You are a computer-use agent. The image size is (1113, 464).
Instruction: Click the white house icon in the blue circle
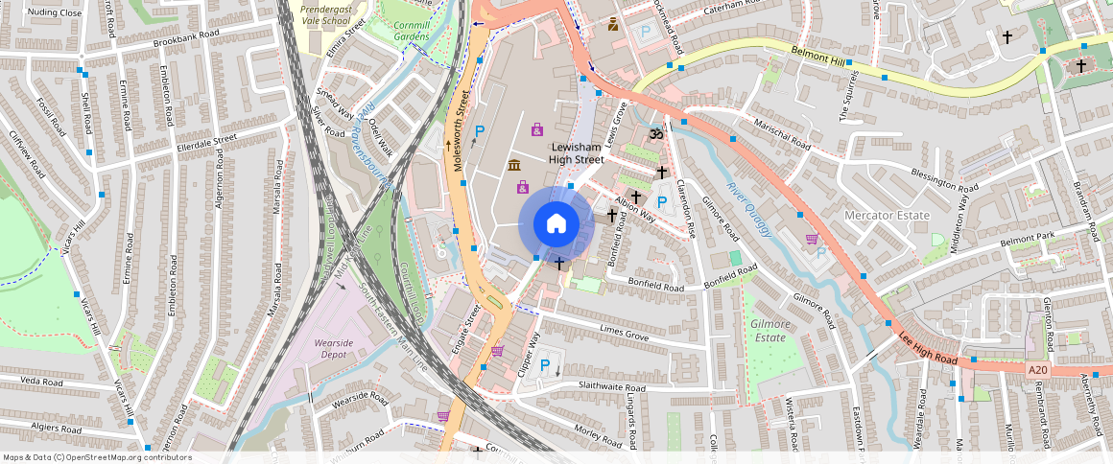(x=556, y=224)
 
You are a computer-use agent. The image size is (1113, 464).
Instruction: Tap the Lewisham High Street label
(x=577, y=152)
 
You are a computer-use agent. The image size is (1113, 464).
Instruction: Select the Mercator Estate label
(x=887, y=216)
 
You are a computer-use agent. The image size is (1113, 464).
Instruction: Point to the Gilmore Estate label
(x=770, y=331)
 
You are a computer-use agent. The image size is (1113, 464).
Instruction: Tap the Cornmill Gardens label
(x=413, y=30)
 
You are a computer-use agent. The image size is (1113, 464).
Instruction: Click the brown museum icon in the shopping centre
(x=515, y=165)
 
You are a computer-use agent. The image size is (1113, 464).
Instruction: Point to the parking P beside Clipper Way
(x=545, y=364)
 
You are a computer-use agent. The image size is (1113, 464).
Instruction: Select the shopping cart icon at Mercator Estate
(x=812, y=239)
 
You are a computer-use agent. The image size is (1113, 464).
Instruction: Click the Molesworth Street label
(x=460, y=131)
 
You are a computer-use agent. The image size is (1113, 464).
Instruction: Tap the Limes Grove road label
(x=624, y=334)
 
